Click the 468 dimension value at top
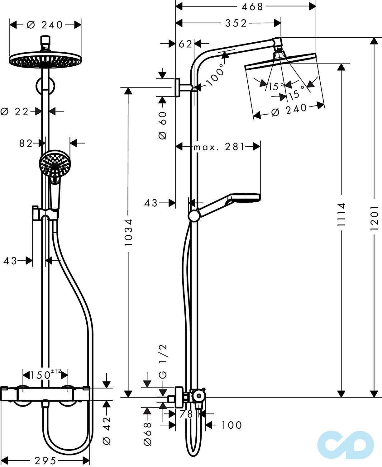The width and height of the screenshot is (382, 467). [252, 7]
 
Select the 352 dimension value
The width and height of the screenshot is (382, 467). [236, 23]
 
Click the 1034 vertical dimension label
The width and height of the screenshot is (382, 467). [128, 232]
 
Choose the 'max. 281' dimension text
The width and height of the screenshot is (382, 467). [219, 147]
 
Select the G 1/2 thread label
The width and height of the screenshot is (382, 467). [163, 361]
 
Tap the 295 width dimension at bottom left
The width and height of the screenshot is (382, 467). [45, 460]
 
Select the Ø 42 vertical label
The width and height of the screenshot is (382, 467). [107, 431]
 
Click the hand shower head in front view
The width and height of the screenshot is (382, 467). [55, 163]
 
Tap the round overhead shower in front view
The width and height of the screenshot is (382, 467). [45, 59]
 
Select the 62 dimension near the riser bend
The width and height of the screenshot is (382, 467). [185, 44]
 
